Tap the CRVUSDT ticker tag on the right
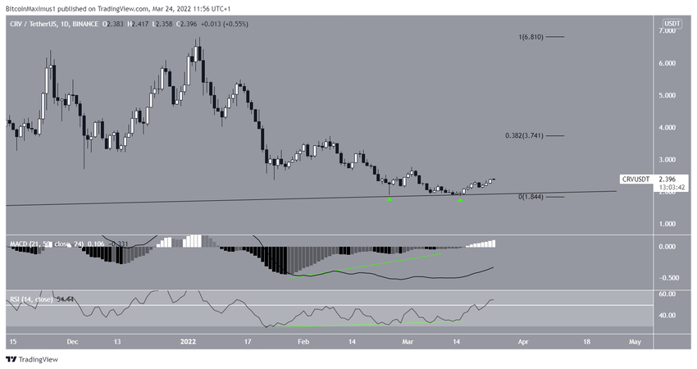636,179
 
